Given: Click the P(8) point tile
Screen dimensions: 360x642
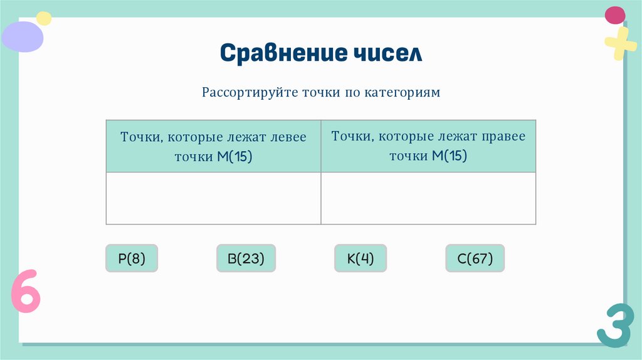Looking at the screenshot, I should point(132,258).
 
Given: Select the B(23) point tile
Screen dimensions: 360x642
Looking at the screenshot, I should point(246,258).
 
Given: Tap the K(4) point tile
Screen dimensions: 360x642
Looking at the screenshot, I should point(360,258).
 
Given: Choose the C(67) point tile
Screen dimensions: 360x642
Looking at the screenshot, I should point(475,258).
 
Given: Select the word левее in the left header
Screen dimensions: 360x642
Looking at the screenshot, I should point(288,137).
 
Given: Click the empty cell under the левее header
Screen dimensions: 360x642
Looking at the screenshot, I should point(213,198).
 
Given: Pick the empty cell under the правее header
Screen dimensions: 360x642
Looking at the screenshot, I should point(428,198).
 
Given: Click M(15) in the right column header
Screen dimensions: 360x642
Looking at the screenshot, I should point(450,156).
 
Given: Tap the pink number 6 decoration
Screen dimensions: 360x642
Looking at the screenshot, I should point(26,291).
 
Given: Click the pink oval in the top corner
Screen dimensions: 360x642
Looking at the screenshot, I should point(615,15).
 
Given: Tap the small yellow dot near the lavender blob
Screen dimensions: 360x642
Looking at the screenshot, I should point(44,18).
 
